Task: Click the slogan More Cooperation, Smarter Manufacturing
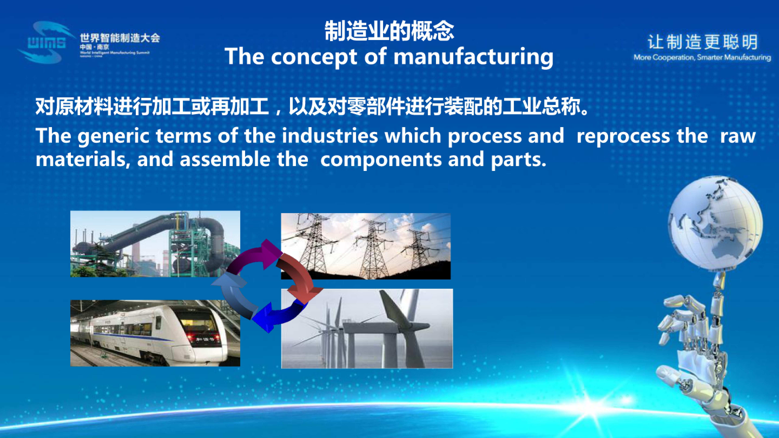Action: point(702,57)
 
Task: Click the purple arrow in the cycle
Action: point(257,255)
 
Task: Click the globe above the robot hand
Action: point(715,224)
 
